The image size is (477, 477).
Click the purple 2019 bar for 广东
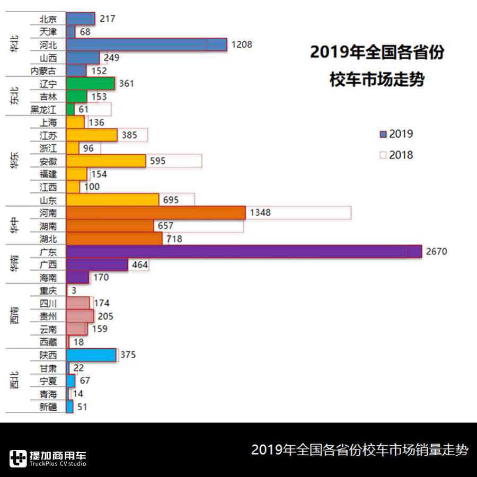(x=244, y=251)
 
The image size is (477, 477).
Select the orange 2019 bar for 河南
(x=156, y=213)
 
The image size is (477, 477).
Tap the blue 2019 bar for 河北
(x=146, y=45)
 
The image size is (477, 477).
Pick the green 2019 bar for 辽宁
(x=91, y=83)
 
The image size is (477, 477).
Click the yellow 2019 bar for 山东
(x=112, y=200)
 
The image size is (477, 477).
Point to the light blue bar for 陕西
(x=91, y=355)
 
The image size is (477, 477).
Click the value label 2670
(x=436, y=251)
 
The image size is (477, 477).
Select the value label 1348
(x=260, y=213)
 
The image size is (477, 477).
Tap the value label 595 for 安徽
(x=158, y=161)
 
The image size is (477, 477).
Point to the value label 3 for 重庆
(x=74, y=290)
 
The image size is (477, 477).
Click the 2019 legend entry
(x=396, y=134)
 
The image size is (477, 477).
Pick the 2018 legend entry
(x=396, y=155)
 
